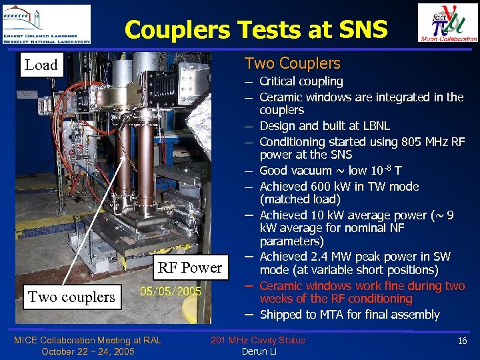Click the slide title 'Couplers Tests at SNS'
(255, 29)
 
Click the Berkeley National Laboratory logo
(47, 24)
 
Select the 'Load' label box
(41, 65)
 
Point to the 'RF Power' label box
(189, 268)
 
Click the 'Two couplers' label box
(71, 297)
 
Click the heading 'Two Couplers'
(292, 64)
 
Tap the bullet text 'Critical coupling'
(301, 81)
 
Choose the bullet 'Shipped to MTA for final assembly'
(349, 314)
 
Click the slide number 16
(462, 341)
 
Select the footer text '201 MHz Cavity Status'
(257, 341)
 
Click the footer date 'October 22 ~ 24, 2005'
(87, 351)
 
